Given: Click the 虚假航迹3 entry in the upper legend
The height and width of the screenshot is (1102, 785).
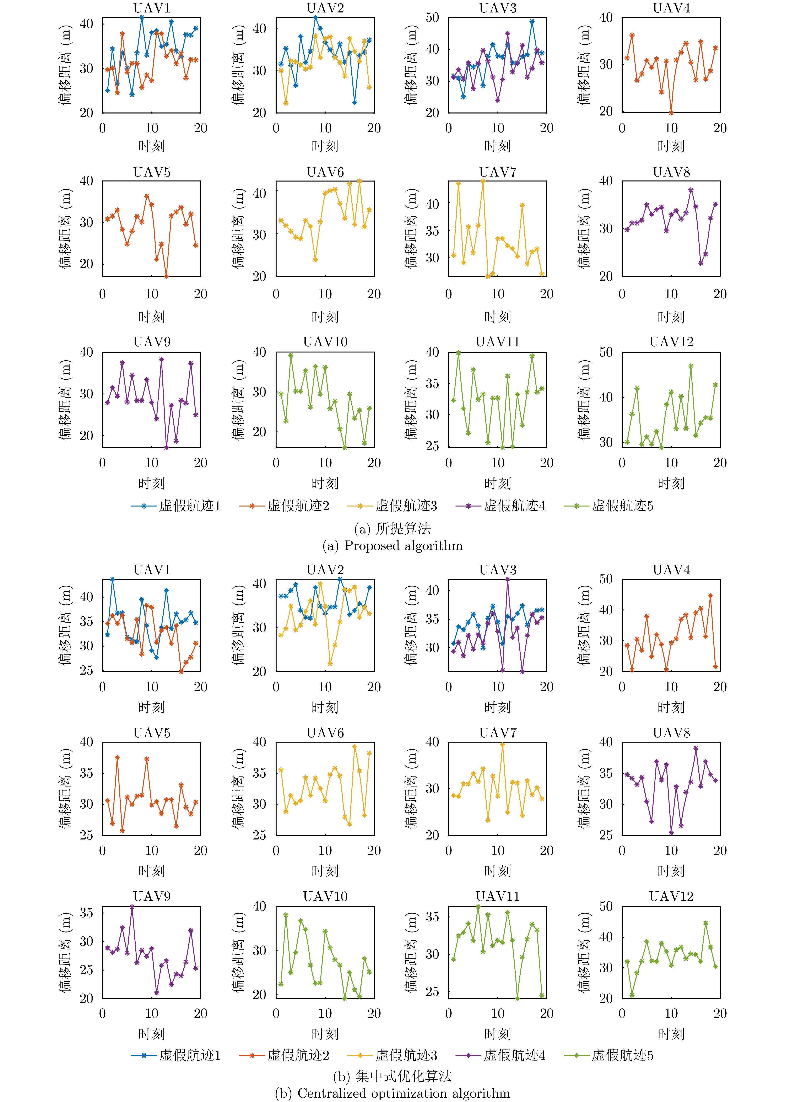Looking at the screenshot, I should pyautogui.click(x=406, y=506).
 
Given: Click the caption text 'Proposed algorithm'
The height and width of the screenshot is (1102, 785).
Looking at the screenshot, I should pyautogui.click(x=403, y=546).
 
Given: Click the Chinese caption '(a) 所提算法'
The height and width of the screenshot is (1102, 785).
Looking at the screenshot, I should pyautogui.click(x=392, y=528).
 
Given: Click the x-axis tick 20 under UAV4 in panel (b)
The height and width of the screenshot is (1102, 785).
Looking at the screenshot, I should pyautogui.click(x=720, y=687).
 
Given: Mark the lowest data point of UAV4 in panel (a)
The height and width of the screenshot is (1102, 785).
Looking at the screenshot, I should pyautogui.click(x=671, y=113).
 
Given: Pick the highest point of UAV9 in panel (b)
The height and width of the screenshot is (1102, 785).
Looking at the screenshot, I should pyautogui.click(x=132, y=907).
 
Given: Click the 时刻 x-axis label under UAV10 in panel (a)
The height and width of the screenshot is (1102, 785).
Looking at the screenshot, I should pyautogui.click(x=325, y=483).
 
